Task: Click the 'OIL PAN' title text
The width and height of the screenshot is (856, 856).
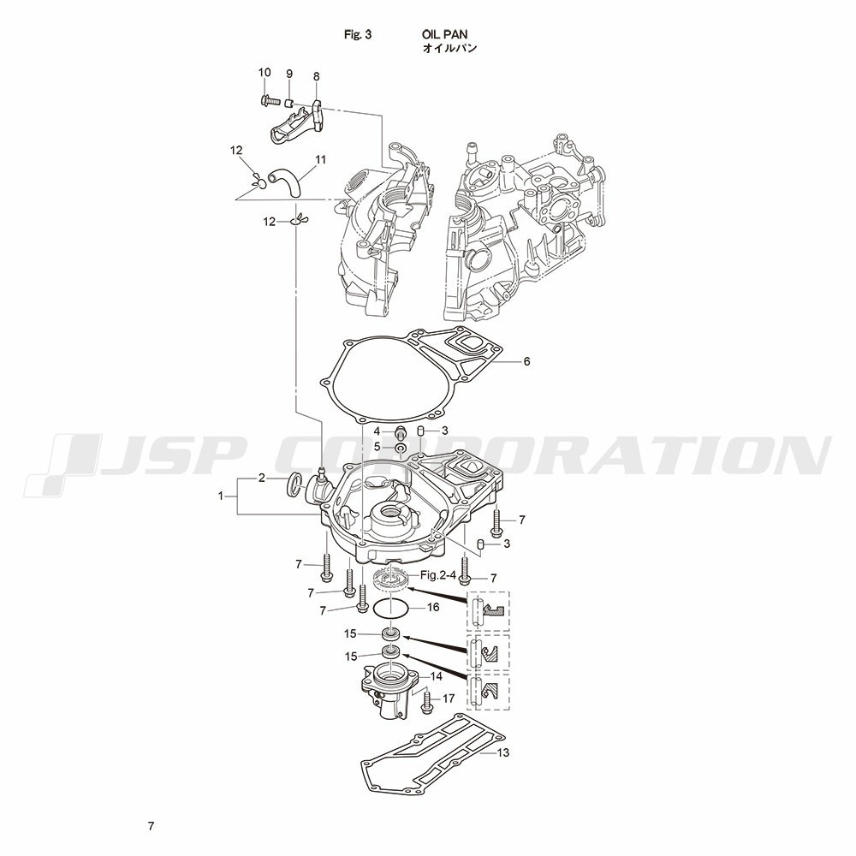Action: [444, 34]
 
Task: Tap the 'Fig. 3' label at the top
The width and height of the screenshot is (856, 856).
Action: [358, 34]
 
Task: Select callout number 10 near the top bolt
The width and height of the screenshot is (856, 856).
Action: [265, 73]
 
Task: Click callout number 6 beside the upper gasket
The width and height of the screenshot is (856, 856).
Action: [526, 361]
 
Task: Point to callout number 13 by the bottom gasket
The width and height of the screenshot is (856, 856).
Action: [502, 752]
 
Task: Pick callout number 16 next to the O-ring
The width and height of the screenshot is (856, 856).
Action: [433, 607]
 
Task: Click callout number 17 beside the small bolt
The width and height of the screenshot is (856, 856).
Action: [449, 698]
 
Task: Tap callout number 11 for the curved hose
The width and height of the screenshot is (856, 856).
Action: [320, 159]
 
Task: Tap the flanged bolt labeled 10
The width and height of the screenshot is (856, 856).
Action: [267, 101]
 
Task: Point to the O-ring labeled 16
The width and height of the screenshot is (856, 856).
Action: [389, 609]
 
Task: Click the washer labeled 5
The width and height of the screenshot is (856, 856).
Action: [400, 449]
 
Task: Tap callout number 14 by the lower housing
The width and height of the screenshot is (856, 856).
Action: [436, 676]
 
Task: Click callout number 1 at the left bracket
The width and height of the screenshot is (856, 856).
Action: [221, 496]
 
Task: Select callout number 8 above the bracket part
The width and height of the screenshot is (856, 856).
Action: [317, 76]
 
